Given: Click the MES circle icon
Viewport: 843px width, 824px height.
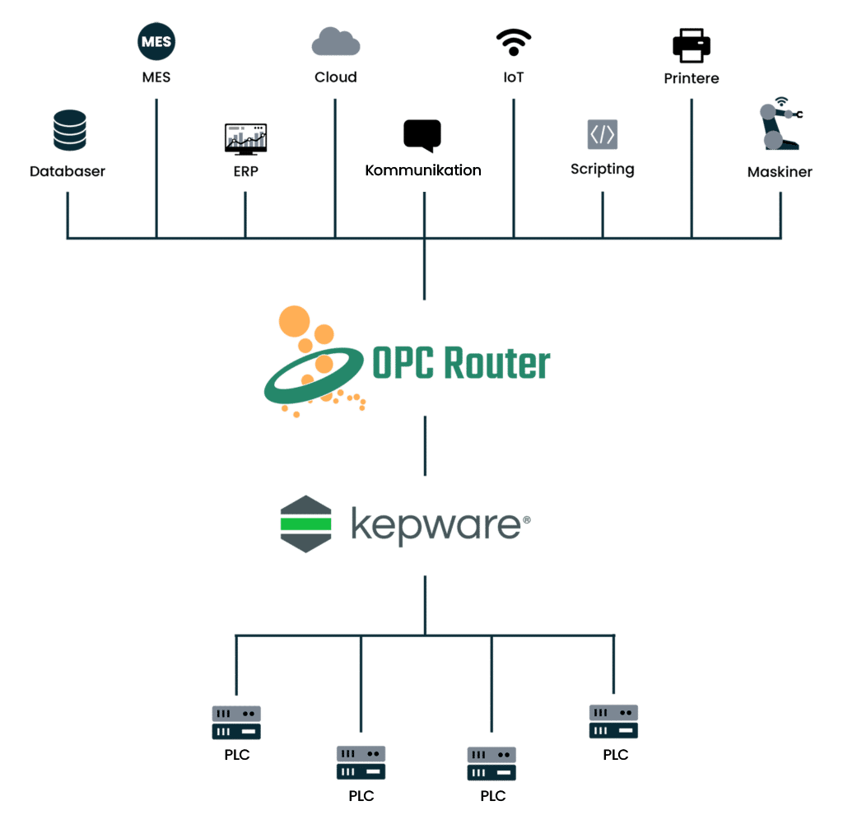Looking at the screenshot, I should click(156, 42).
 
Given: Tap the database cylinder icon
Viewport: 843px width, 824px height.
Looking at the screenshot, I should click(69, 130).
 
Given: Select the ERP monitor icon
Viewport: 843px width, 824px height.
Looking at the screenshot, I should click(245, 138).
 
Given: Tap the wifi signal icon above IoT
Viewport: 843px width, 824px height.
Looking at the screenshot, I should click(514, 42).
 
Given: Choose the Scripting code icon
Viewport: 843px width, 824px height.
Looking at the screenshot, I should click(603, 133).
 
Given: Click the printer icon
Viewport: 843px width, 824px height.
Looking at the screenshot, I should click(692, 44).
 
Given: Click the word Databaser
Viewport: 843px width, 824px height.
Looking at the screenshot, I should click(68, 172).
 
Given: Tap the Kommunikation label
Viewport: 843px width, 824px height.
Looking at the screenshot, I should click(423, 171).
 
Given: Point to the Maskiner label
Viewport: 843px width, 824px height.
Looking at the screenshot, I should click(780, 172).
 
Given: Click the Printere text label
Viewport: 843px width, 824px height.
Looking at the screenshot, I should click(692, 79).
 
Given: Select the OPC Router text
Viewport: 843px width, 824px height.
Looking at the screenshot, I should click(461, 363).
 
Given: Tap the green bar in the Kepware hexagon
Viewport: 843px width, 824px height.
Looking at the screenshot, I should click(305, 523).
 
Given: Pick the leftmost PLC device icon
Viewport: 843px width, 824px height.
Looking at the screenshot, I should click(236, 722).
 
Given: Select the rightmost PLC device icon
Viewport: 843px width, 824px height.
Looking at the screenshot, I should click(613, 721).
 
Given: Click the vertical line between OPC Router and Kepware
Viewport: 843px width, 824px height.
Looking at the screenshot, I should click(425, 445).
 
